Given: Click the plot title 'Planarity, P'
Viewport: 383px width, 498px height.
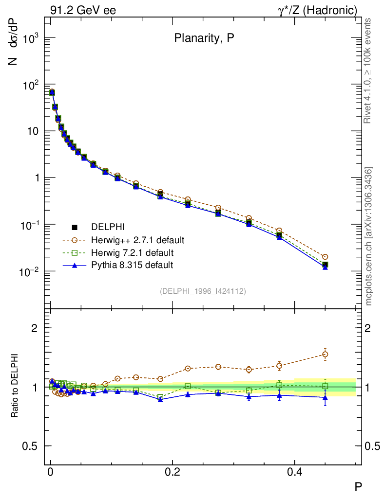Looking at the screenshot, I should coord(204,40).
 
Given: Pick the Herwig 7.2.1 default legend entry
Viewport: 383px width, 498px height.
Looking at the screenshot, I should coord(132,253).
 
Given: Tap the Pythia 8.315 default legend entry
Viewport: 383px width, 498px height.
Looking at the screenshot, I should coord(132,265).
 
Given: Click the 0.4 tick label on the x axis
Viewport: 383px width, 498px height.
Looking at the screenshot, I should coord(294,471).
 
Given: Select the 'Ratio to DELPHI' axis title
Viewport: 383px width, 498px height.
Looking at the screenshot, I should coord(16,386).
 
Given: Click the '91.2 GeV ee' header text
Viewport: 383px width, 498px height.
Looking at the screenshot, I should coord(83,10).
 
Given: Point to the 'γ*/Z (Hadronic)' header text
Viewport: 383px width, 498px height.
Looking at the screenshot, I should coord(317,10).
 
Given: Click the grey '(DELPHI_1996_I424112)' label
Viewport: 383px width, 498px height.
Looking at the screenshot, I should coord(203,291).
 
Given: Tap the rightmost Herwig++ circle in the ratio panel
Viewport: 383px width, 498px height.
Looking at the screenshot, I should coord(325,354).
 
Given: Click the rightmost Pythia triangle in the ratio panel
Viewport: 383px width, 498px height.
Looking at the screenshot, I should coord(325,397).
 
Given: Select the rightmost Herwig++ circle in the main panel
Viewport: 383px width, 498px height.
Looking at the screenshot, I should coord(325,257).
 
